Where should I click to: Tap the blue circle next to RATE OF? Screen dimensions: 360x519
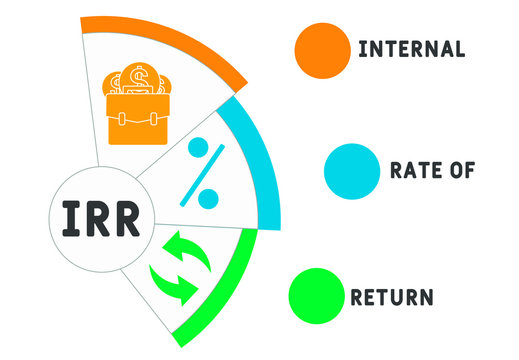pos(350,171)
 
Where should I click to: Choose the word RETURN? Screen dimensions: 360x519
pos(391,297)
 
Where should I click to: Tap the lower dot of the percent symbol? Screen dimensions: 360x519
pos(208,199)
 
